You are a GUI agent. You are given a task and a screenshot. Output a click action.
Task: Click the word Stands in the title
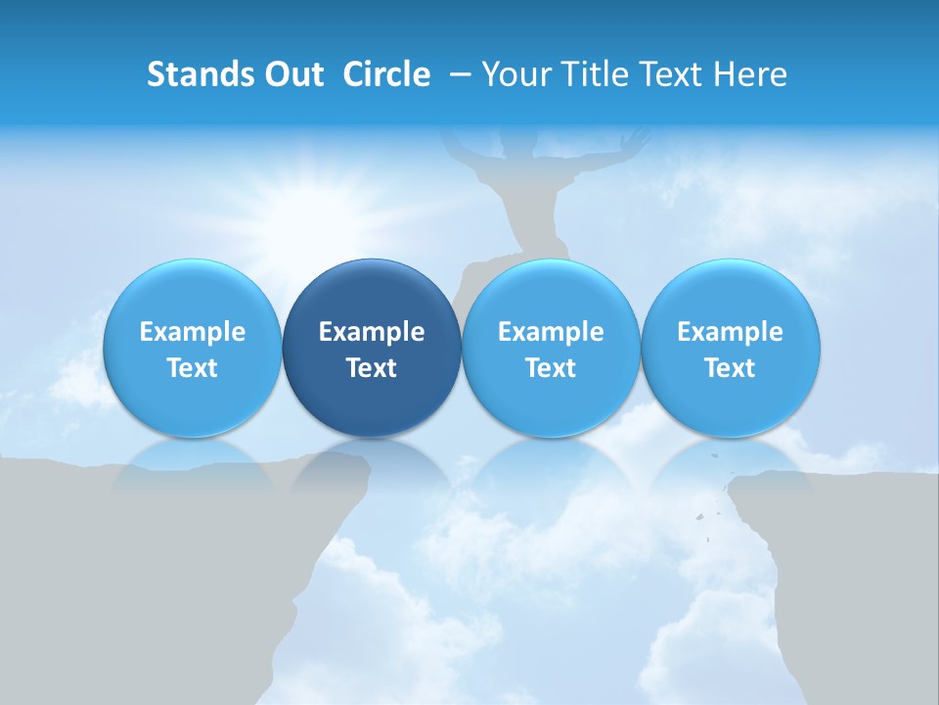199,74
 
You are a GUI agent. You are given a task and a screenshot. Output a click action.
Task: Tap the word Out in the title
292,74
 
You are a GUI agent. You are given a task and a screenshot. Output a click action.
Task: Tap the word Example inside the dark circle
372,332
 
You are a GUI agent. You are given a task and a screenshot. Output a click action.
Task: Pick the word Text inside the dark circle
372,368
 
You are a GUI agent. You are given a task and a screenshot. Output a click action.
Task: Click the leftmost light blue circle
193,348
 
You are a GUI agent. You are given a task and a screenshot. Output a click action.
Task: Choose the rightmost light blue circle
731,348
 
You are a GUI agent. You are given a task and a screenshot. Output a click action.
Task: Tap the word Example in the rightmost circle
731,332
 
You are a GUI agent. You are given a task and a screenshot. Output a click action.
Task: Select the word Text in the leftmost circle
193,368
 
